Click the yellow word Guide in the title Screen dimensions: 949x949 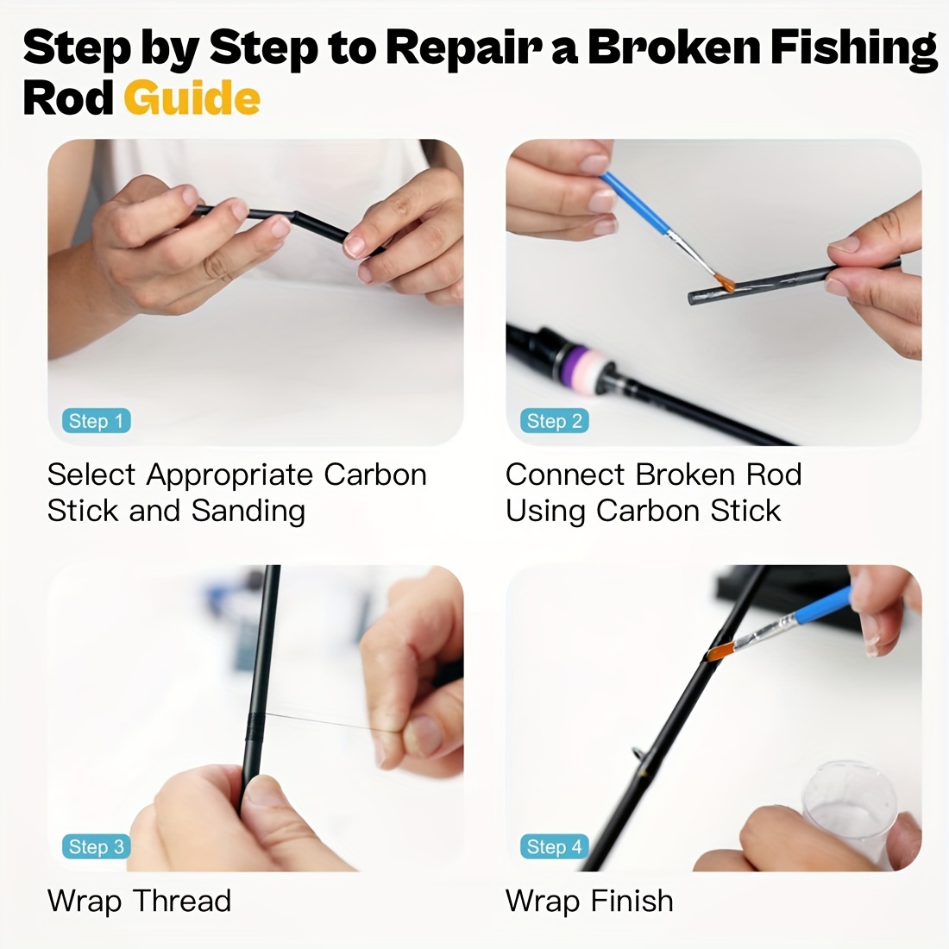[x=192, y=98]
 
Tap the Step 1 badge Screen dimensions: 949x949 [x=97, y=421]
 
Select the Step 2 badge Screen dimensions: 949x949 [x=555, y=421]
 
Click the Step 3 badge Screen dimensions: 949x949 [x=97, y=846]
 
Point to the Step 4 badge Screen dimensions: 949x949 [x=555, y=846]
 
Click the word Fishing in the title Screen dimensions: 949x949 [x=853, y=47]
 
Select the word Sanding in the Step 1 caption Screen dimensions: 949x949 [x=248, y=511]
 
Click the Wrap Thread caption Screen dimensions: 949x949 [x=140, y=901]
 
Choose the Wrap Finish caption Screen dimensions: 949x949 [x=589, y=901]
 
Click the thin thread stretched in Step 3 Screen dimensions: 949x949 [x=328, y=721]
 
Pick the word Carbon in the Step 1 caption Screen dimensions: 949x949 [x=375, y=474]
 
